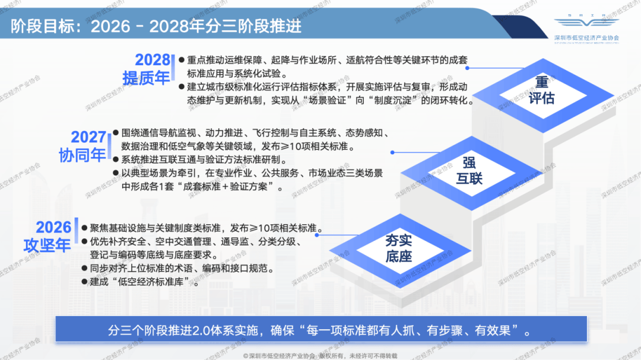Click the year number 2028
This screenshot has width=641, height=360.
click(x=153, y=60)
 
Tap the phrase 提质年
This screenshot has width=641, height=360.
click(x=146, y=78)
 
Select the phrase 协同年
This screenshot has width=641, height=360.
click(x=82, y=156)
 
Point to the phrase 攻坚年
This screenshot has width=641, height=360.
click(x=47, y=245)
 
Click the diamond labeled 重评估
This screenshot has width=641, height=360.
click(x=541, y=90)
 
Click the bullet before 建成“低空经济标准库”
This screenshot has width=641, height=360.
click(x=84, y=282)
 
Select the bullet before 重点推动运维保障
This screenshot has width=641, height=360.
click(x=182, y=60)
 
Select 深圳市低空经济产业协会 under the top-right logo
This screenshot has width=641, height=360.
click(x=586, y=37)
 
